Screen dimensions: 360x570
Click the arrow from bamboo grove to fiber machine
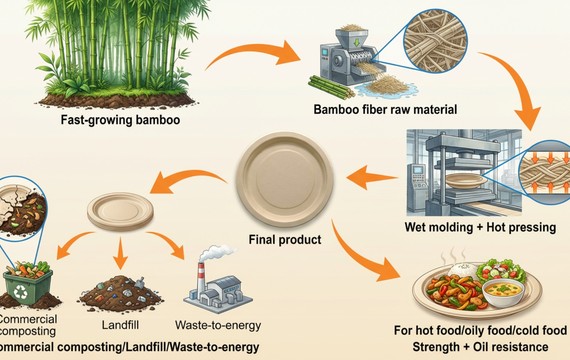click(258, 48)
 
